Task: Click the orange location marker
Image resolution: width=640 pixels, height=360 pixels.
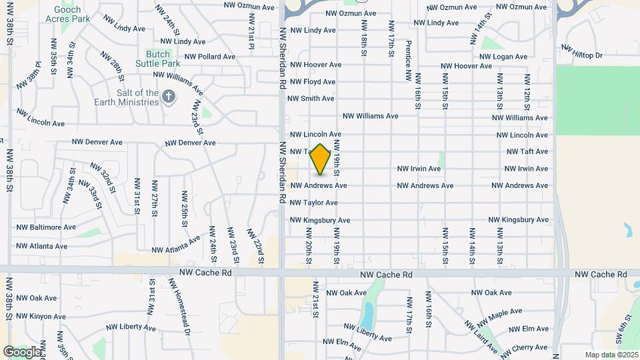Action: pyautogui.click(x=321, y=159)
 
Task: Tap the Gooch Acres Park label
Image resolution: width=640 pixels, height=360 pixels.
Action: pyautogui.click(x=67, y=13)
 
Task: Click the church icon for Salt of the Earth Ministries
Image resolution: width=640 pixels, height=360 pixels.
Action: pyautogui.click(x=169, y=97)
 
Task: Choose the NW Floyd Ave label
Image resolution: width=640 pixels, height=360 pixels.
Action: pyautogui.click(x=311, y=82)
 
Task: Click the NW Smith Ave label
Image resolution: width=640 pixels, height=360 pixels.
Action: pyautogui.click(x=310, y=99)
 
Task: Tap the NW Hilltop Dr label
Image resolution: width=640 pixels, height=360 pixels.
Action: pyautogui.click(x=582, y=51)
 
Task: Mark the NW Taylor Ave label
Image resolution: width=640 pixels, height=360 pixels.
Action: pyautogui.click(x=313, y=203)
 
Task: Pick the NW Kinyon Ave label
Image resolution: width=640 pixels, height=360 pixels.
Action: pyautogui.click(x=41, y=316)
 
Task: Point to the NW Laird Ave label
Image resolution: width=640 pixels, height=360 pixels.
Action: pyautogui.click(x=481, y=335)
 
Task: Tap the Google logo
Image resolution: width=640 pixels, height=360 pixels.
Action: pyautogui.click(x=22, y=351)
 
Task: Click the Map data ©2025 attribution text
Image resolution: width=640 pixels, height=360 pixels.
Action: pyautogui.click(x=611, y=355)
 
